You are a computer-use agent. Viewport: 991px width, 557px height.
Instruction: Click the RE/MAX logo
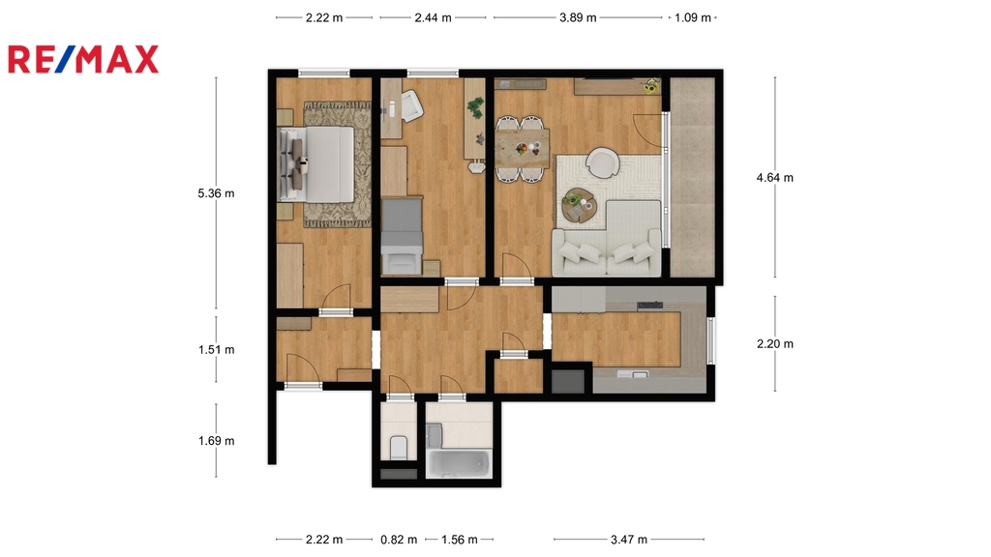pyautogui.click(x=83, y=59)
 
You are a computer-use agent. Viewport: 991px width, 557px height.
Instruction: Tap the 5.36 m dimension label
pyautogui.click(x=216, y=193)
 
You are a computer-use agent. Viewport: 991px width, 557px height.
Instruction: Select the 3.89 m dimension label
pyautogui.click(x=578, y=17)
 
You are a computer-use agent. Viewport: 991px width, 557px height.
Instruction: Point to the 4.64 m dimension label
pyautogui.click(x=775, y=178)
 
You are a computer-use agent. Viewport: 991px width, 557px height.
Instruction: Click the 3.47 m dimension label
pyautogui.click(x=629, y=540)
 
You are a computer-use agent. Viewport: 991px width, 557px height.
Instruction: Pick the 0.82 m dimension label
pyautogui.click(x=399, y=540)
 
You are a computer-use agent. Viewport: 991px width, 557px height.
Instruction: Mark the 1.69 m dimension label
pyautogui.click(x=216, y=441)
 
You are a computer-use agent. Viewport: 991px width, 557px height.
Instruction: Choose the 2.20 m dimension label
pyautogui.click(x=775, y=343)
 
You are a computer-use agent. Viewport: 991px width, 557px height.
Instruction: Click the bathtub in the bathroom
pyautogui.click(x=458, y=463)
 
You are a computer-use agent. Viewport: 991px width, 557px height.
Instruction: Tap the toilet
pyautogui.click(x=398, y=448)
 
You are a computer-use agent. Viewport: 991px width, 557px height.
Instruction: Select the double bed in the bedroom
pyautogui.click(x=316, y=164)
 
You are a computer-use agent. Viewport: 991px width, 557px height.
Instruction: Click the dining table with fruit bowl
pyautogui.click(x=522, y=148)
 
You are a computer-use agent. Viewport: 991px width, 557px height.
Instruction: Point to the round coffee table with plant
pyautogui.click(x=579, y=206)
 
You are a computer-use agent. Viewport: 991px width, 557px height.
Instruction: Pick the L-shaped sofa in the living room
pyautogui.click(x=608, y=240)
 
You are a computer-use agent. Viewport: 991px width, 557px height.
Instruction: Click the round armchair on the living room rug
pyautogui.click(x=602, y=162)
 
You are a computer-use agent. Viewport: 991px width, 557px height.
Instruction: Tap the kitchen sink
pyautogui.click(x=632, y=374)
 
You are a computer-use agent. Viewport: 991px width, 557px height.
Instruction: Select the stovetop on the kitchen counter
pyautogui.click(x=649, y=306)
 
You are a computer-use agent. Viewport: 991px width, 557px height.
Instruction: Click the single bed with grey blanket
pyautogui.click(x=402, y=236)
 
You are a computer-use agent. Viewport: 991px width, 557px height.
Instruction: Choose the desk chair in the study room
pyautogui.click(x=410, y=105)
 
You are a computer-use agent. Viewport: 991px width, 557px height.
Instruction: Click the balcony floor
pyautogui.click(x=692, y=178)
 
